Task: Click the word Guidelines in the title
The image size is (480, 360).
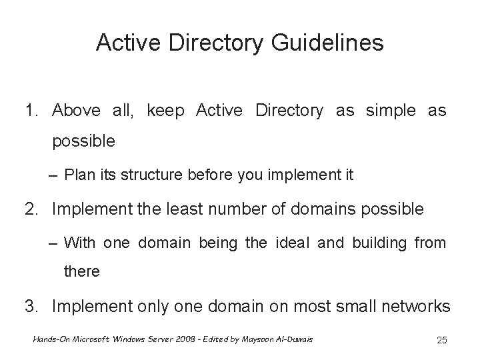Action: [329, 43]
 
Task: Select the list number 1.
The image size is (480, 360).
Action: [30, 110]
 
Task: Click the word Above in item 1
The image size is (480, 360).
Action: [77, 110]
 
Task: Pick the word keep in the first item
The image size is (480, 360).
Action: [169, 110]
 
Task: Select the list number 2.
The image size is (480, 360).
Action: [31, 209]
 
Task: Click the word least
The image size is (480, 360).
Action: [203, 209]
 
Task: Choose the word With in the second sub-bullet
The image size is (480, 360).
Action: [80, 243]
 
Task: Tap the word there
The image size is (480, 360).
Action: [82, 272]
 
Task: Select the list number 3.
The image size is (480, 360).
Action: [31, 306]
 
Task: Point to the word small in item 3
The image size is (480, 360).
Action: [340, 306]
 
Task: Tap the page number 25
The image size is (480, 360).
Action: [441, 341]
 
